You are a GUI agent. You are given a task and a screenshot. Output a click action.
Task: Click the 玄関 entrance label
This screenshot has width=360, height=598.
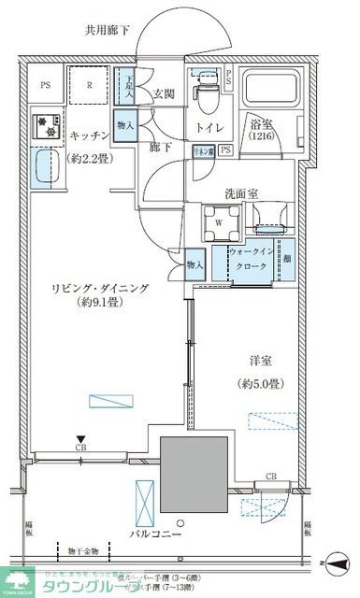pos(165,92)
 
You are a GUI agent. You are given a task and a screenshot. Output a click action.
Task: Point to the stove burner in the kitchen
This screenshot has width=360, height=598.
pos(42,125)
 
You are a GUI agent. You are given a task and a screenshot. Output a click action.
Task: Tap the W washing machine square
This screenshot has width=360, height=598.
pos(218,222)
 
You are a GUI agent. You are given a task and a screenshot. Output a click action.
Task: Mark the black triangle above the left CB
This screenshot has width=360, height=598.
pos(81,439)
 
